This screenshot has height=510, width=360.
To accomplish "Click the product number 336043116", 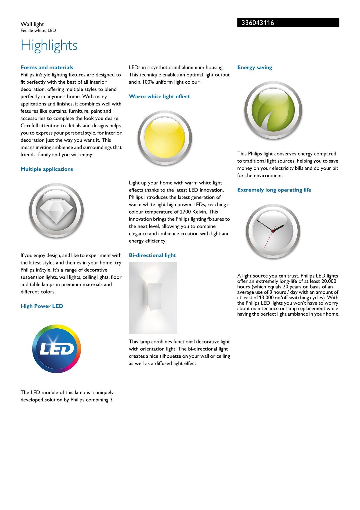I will pos(256,23).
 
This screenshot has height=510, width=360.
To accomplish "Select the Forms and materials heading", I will pos(47,67).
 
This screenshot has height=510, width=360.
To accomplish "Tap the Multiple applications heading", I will pos(47,169).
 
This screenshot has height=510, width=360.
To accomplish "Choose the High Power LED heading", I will pos(42,306).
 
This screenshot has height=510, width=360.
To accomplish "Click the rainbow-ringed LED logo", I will pos(57,349).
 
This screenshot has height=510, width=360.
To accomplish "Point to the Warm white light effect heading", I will pos(159,96).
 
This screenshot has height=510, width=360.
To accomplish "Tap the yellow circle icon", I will pos(165,138).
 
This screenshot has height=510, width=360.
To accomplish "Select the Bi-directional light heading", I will pos(152,255).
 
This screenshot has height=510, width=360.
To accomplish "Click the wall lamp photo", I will pos(153,298).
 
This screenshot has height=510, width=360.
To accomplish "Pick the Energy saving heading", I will pos(255,67).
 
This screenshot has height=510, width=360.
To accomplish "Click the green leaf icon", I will pos(273,110).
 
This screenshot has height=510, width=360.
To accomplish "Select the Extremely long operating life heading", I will pos(274,190).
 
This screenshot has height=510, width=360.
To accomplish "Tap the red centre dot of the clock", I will pos(273,231).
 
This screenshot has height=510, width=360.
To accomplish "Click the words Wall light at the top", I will pos(32,24).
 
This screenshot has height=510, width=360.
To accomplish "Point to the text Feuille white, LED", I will pos(38,31).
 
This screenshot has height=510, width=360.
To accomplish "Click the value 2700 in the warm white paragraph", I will pos(185,212).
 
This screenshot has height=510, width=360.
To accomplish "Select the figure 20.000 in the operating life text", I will pos(327,281).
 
